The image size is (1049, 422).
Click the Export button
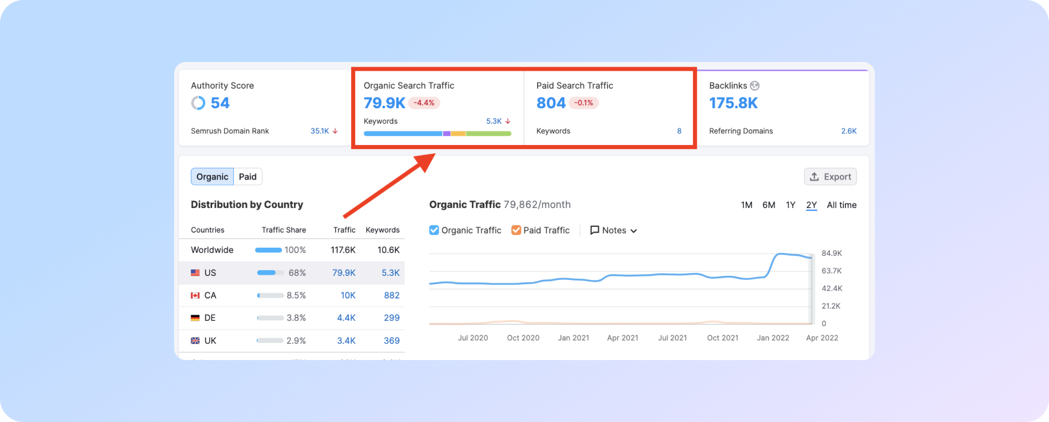(830, 177)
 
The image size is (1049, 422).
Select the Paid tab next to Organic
(248, 177)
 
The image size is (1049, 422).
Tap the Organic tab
(212, 177)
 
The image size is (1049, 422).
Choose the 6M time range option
(768, 205)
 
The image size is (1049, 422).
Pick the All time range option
(842, 205)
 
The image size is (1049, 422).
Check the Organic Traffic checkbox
(434, 230)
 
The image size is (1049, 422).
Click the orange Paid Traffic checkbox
(516, 230)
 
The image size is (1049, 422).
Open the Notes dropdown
(614, 230)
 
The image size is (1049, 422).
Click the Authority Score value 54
(220, 103)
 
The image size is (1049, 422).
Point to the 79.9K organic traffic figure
(385, 103)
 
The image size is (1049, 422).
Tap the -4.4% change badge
(424, 103)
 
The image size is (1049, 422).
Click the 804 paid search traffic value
(551, 103)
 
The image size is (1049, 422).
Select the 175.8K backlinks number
(733, 103)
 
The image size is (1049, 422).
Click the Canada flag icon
(195, 296)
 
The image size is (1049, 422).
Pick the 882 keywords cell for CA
(392, 296)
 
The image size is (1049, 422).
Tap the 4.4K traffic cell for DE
(346, 318)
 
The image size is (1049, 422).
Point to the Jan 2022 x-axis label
(773, 338)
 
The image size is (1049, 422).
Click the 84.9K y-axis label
(832, 253)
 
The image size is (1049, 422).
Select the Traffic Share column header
(283, 230)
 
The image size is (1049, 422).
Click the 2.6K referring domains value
(849, 131)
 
